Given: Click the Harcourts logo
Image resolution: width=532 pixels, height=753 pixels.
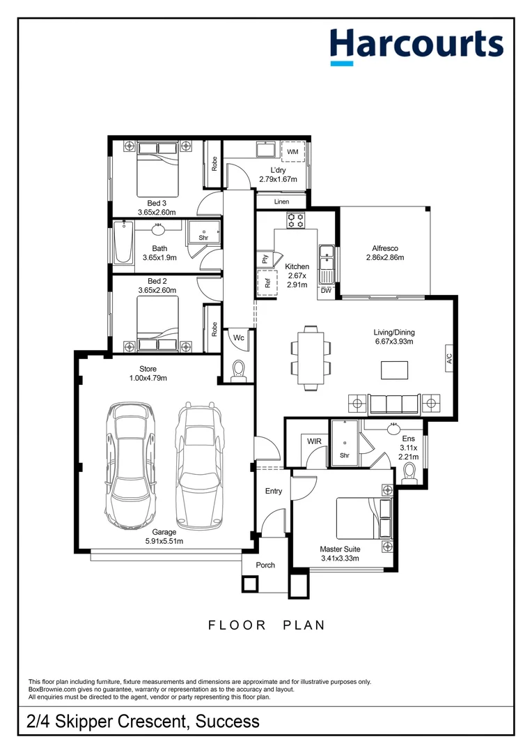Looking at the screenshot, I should coord(416,45).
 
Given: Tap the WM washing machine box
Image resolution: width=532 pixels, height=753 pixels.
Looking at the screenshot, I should coord(292,151).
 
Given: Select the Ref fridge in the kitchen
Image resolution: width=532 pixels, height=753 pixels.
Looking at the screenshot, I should coord(265,284).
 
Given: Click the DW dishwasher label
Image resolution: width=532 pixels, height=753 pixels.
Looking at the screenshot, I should coord(326,291).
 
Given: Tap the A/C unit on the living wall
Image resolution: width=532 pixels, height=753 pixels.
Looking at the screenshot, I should coord(449,359).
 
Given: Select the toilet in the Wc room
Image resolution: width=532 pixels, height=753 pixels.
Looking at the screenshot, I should coord(237,370).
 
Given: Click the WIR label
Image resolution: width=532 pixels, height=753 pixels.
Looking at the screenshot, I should coord(313,440).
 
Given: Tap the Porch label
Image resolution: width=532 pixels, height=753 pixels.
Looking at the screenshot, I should coord(265,565).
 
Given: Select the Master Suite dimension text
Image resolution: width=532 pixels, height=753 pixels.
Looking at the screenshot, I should coord(340,558).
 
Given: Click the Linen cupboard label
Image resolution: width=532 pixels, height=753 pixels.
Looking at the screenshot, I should coord(281,201).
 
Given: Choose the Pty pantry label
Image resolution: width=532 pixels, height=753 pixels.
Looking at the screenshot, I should coord(265,259).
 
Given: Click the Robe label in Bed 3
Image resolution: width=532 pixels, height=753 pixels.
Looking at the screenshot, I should coord(214,164).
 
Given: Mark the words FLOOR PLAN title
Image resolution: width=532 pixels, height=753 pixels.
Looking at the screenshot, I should coord(267,625).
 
